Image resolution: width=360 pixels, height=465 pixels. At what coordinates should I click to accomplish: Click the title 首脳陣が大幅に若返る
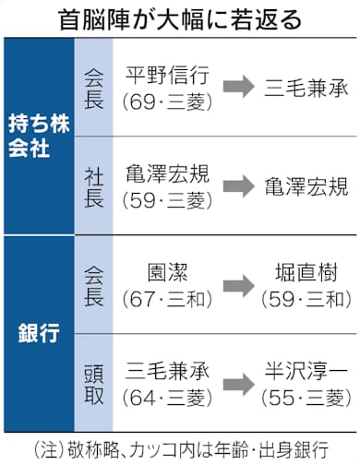tap(180, 18)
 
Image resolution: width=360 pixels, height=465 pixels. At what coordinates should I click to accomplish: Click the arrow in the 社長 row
tap(235, 185)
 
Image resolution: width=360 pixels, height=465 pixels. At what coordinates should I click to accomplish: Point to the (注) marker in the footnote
tap(49, 449)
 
